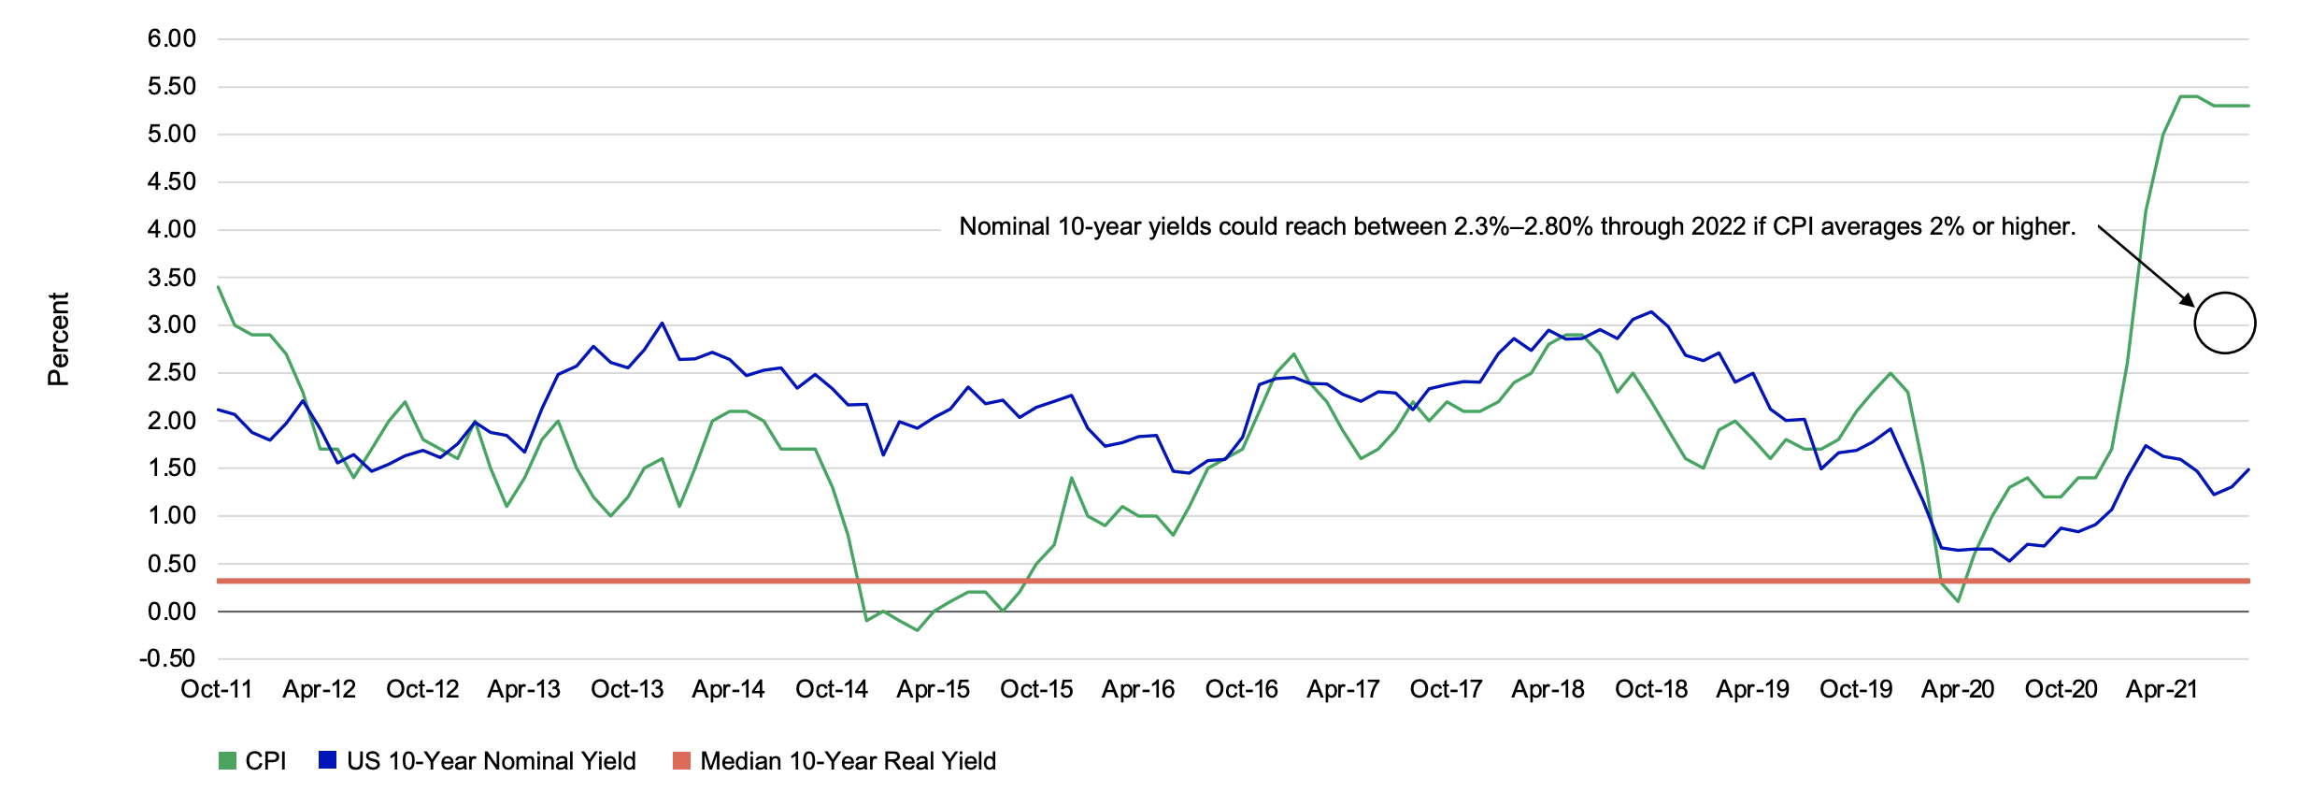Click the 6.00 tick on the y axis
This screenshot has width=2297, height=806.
tap(172, 39)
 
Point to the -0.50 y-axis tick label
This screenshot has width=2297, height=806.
tap(168, 659)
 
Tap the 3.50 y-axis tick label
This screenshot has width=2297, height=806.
tap(172, 278)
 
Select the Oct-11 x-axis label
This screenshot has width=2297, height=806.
tap(217, 690)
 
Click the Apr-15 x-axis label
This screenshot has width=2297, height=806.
tap(934, 690)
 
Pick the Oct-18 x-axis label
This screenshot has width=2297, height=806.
tap(1651, 690)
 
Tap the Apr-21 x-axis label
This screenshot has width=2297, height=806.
tap(2162, 690)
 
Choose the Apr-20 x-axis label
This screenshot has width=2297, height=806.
tap(1958, 690)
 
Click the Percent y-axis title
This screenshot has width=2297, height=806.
tap(58, 338)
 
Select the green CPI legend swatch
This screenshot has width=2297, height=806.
tap(227, 761)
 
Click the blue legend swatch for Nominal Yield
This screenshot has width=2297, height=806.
tap(327, 761)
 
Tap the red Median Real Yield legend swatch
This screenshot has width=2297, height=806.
tap(681, 761)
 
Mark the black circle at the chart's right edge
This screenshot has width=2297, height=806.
tap(2225, 323)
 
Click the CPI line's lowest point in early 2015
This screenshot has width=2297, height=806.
tap(917, 630)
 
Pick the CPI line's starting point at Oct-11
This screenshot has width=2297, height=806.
tap(218, 287)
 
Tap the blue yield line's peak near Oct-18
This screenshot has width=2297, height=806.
tap(1651, 312)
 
